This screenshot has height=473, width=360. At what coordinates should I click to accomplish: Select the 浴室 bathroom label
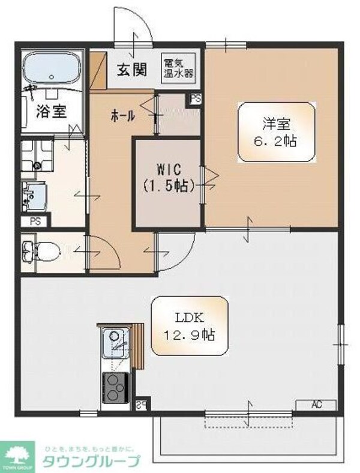[x=51, y=112]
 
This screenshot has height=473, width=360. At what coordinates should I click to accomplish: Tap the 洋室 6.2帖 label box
[x=276, y=132]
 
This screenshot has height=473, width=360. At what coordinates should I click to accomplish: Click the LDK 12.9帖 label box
[x=190, y=325]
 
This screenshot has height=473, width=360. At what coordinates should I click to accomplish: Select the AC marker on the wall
[x=316, y=405]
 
